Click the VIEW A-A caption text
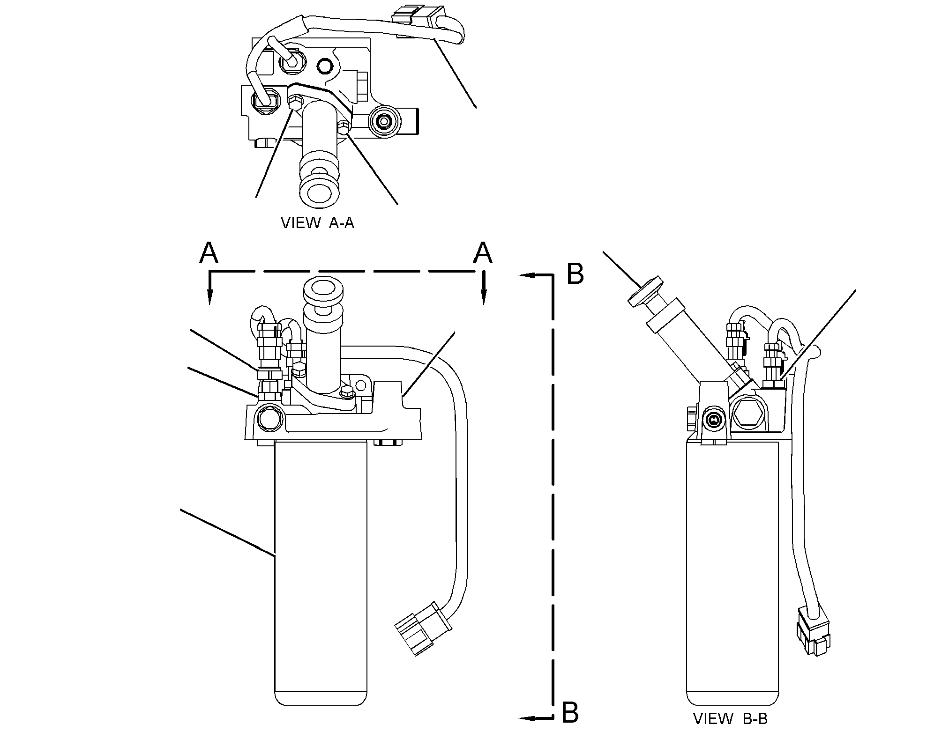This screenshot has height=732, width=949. (x=317, y=222)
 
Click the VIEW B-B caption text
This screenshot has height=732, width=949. (x=731, y=718)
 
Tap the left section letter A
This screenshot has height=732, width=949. (x=209, y=253)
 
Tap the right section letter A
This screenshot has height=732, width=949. (x=483, y=253)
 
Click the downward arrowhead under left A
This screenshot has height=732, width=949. (x=210, y=296)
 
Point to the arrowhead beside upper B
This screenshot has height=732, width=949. (x=528, y=276)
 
